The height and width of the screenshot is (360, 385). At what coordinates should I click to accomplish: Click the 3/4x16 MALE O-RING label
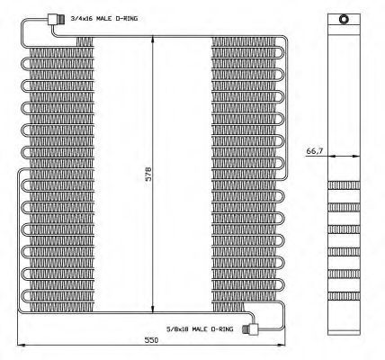pos(104,19)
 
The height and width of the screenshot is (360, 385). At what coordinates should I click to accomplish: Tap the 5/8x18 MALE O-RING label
pos(200,329)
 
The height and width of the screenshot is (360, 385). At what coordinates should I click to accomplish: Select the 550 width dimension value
pos(151,340)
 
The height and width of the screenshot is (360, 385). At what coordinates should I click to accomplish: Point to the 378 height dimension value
pos(148,174)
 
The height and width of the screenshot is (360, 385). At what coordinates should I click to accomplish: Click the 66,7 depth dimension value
pos(315,151)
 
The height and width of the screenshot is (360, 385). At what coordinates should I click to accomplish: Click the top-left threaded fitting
pos(57,20)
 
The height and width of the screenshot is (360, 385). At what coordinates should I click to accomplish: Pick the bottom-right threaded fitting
pos(250,329)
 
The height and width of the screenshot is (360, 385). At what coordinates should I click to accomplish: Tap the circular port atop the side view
pos(344,19)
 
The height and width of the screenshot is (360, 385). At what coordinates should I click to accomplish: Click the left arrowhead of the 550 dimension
pos(22,346)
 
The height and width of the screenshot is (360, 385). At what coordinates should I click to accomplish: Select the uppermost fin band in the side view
pos(344,185)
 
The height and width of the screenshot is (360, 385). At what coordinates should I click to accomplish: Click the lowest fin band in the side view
pos(344,296)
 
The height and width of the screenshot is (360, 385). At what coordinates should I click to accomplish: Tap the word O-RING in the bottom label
pos(222,329)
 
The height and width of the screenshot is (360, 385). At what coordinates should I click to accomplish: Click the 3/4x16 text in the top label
pos(81,19)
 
